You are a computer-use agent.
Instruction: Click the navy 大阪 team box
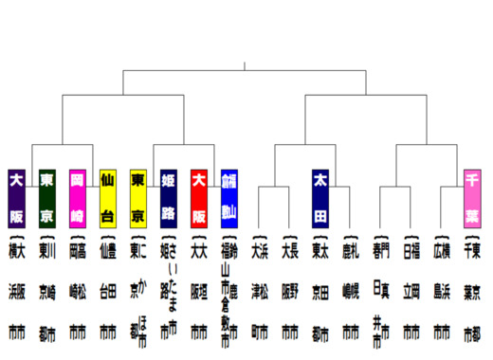tap(16, 197)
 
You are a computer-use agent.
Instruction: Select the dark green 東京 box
tap(46, 197)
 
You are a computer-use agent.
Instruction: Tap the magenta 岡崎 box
tap(78, 197)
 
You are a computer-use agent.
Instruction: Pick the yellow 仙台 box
tap(107, 197)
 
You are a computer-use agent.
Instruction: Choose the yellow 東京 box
tap(137, 197)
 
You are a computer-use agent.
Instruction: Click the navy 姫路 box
tap(168, 197)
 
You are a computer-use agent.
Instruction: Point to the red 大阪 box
tap(199, 197)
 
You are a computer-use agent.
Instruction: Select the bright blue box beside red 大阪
tap(228, 197)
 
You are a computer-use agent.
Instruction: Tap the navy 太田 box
tap(320, 197)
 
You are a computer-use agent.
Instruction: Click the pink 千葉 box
tap(472, 197)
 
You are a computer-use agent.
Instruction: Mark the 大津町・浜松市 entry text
tap(259, 289)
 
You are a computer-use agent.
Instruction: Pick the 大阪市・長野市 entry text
tap(289, 289)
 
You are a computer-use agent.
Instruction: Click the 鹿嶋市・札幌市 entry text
tap(350, 289)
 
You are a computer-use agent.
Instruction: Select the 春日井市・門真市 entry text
tap(380, 289)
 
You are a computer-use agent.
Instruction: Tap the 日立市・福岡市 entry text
tap(411, 289)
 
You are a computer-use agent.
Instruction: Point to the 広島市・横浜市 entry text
tap(441, 289)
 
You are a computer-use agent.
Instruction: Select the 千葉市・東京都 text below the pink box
tap(471, 289)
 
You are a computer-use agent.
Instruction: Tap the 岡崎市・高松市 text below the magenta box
tap(77, 289)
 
